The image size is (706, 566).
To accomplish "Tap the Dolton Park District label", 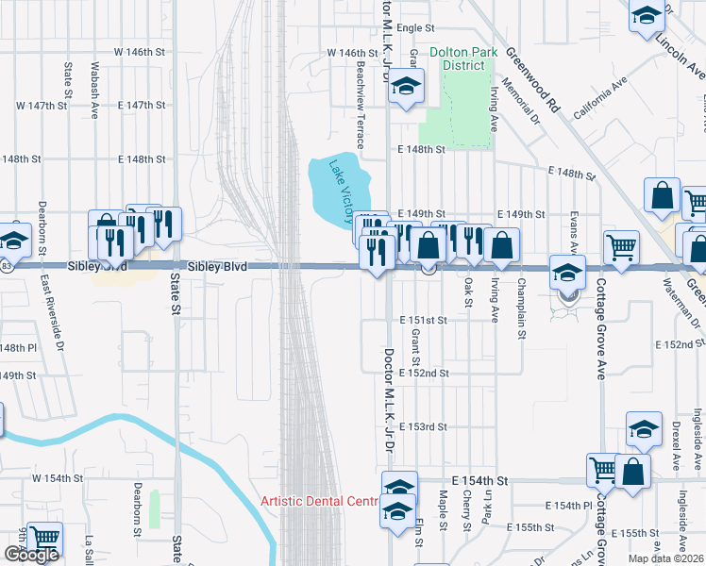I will tap(458, 59).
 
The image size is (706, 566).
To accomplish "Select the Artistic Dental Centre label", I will tap(319, 501).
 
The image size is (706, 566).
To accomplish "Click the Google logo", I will tap(31, 555).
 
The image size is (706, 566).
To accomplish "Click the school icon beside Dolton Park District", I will tap(407, 89).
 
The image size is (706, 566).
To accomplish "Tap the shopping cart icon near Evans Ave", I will tap(621, 248).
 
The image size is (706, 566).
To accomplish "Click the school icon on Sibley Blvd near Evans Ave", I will tap(567, 274).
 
